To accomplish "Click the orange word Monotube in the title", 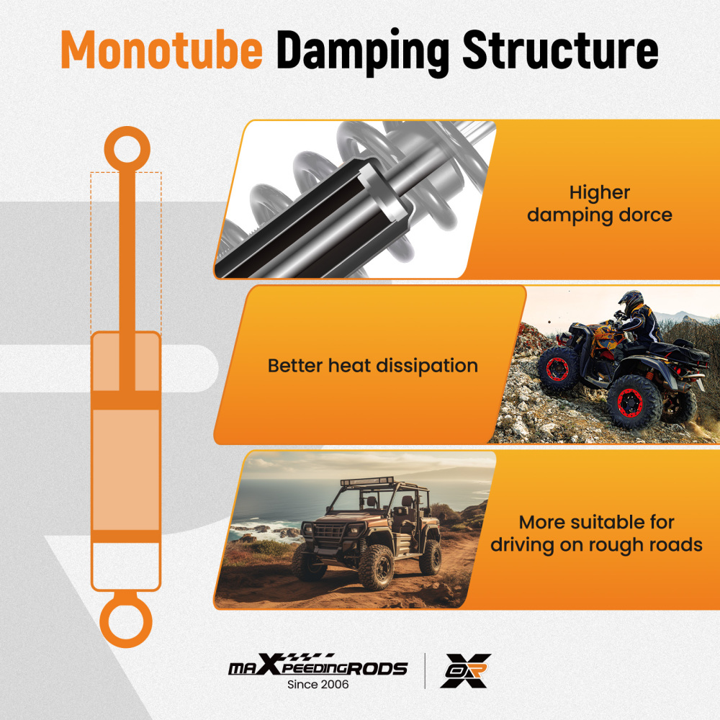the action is [161, 50].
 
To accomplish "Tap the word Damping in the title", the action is [363, 52].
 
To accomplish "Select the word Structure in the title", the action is [560, 50].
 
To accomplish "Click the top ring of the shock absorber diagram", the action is [127, 149].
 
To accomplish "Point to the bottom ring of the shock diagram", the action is [126, 622].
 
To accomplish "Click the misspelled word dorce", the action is [646, 215].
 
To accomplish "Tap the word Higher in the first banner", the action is [600, 193].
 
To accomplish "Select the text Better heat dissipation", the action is [373, 366].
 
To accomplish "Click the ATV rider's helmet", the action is [631, 301].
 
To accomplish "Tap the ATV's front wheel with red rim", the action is [559, 368].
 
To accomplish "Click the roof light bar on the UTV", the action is [367, 482].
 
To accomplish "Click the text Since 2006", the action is [318, 684].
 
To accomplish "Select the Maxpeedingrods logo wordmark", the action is [318, 665].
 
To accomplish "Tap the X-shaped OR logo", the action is [466, 670].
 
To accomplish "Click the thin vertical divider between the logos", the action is [425, 671].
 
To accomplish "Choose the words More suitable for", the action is [596, 522].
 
